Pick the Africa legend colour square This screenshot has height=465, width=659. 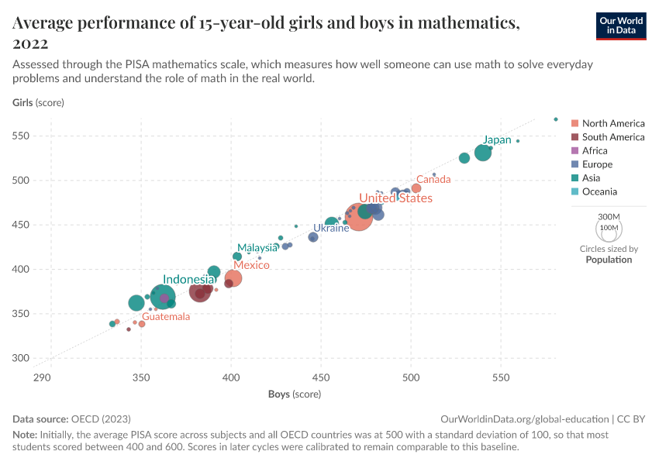[x=574, y=151]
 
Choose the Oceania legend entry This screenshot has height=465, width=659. [x=599, y=191]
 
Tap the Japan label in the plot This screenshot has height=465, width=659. [x=497, y=140]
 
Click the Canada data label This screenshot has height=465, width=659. [x=433, y=180]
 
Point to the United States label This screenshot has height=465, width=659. [x=395, y=198]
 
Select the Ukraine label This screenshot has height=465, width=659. [x=331, y=229]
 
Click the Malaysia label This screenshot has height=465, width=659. [x=257, y=248]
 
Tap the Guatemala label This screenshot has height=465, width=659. [x=166, y=317]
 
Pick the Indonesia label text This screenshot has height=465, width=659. [x=188, y=280]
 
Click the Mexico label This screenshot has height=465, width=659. [x=251, y=266]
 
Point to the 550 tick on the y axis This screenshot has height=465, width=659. [x=21, y=136]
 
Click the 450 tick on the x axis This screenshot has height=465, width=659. [x=321, y=377]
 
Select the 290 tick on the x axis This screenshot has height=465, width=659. [x=42, y=377]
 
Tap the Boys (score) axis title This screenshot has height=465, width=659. [x=295, y=394]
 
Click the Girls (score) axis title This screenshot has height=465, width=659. [x=38, y=102]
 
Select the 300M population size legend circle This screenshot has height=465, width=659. [x=609, y=226]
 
